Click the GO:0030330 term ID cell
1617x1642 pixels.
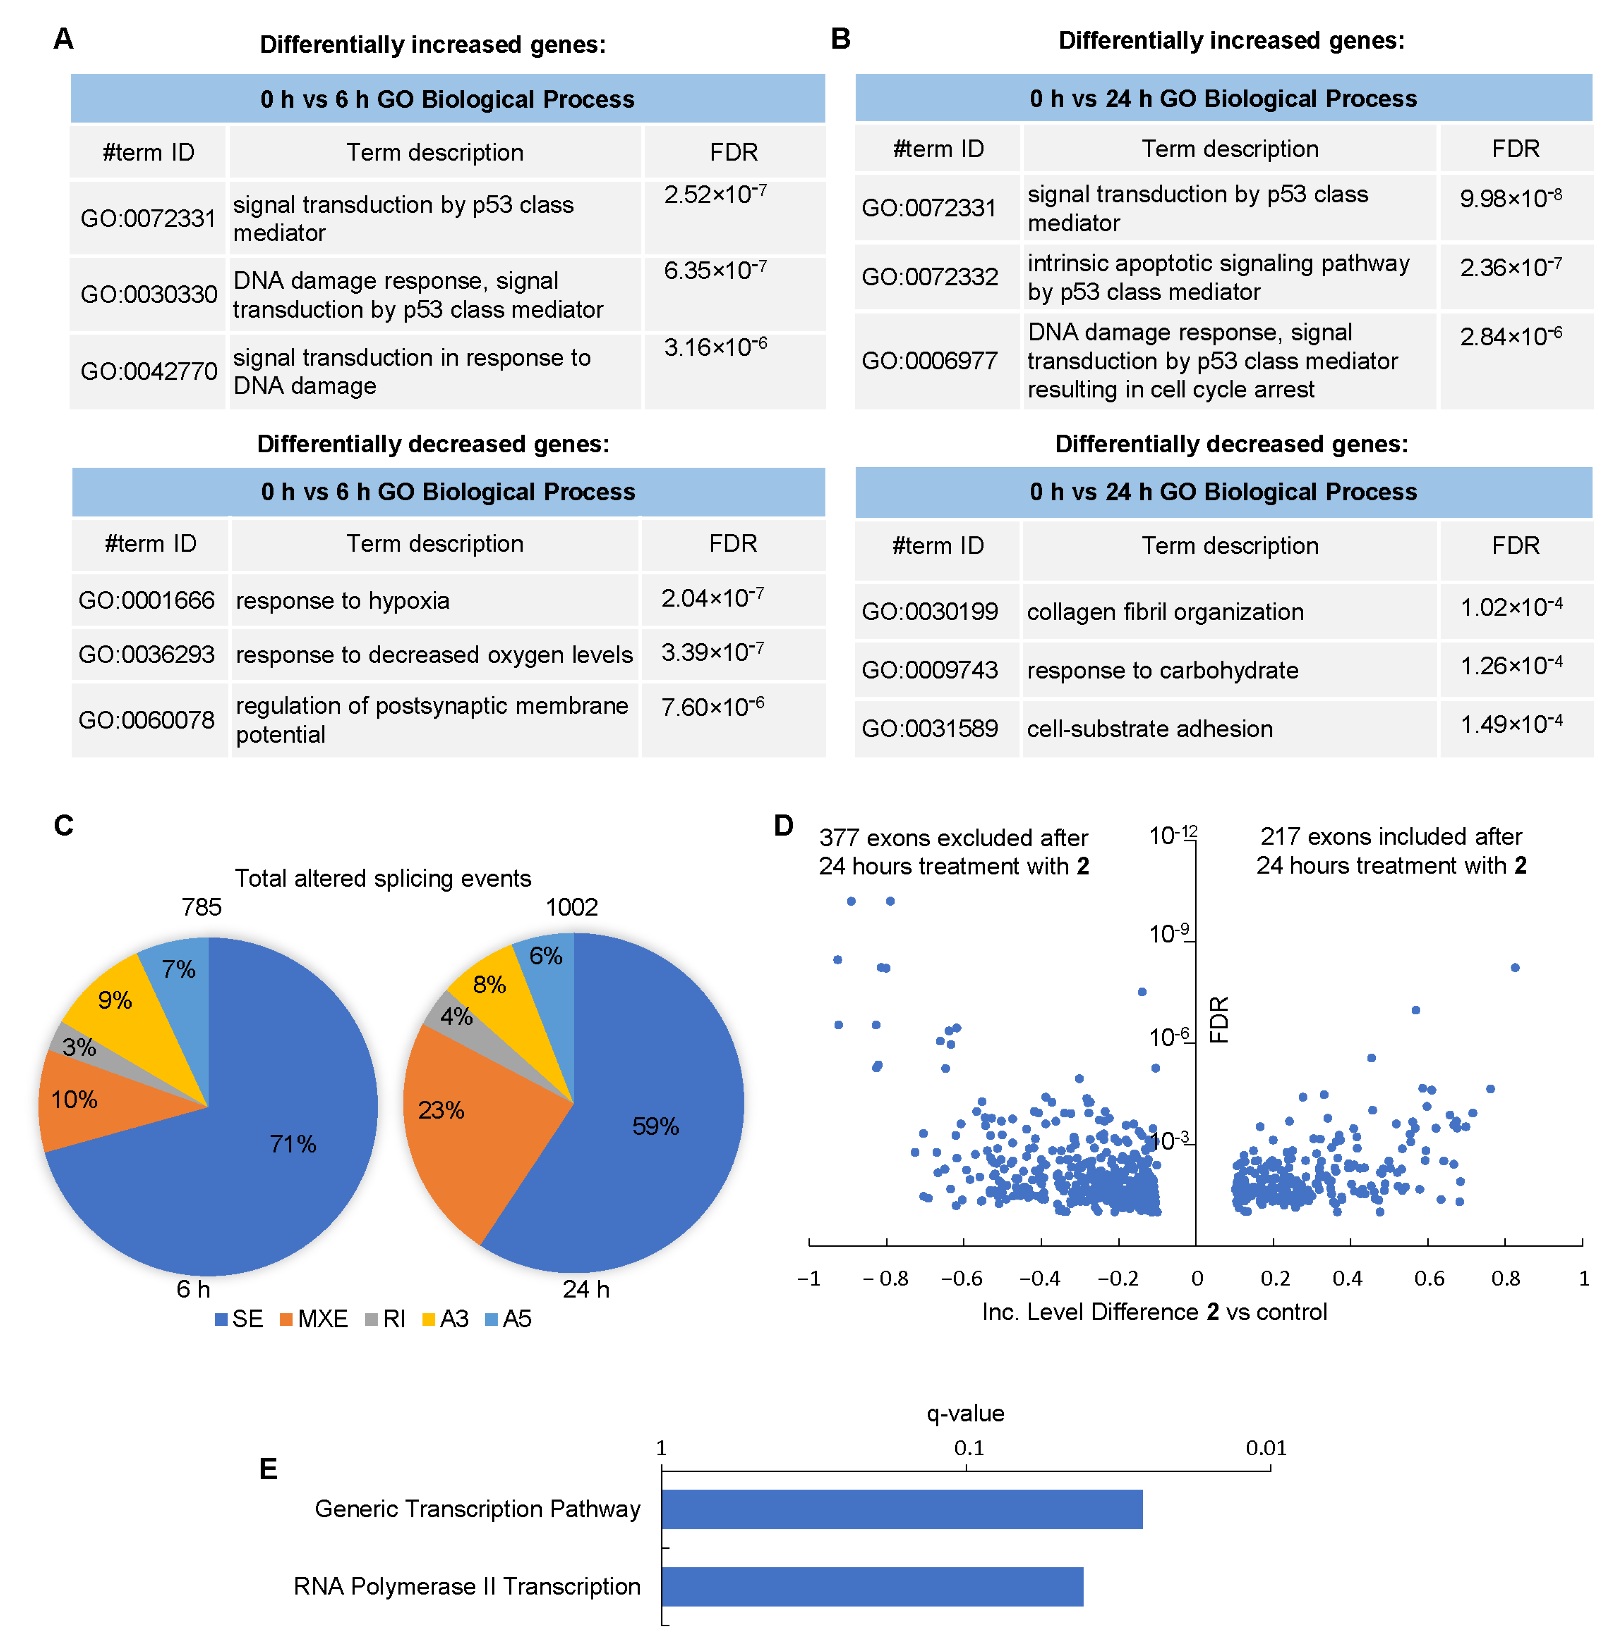point(148,294)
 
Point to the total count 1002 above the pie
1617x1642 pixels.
point(571,907)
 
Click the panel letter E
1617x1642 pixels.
point(268,1469)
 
